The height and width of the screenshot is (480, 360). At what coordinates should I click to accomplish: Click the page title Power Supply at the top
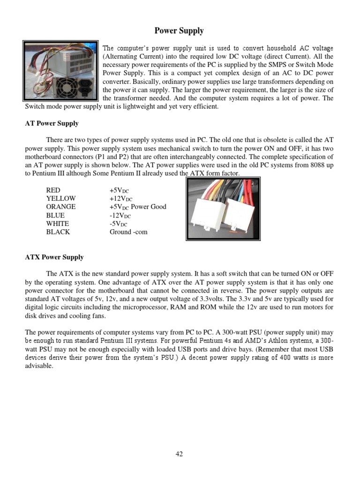179,31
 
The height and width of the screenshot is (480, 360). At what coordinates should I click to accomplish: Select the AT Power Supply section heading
52,124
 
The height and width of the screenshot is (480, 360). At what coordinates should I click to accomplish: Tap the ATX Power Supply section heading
54,257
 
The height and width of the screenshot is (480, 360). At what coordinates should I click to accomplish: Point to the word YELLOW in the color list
60,198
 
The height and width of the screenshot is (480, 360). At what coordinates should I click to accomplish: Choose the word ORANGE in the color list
60,207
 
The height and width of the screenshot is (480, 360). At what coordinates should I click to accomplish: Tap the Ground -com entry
128,232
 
